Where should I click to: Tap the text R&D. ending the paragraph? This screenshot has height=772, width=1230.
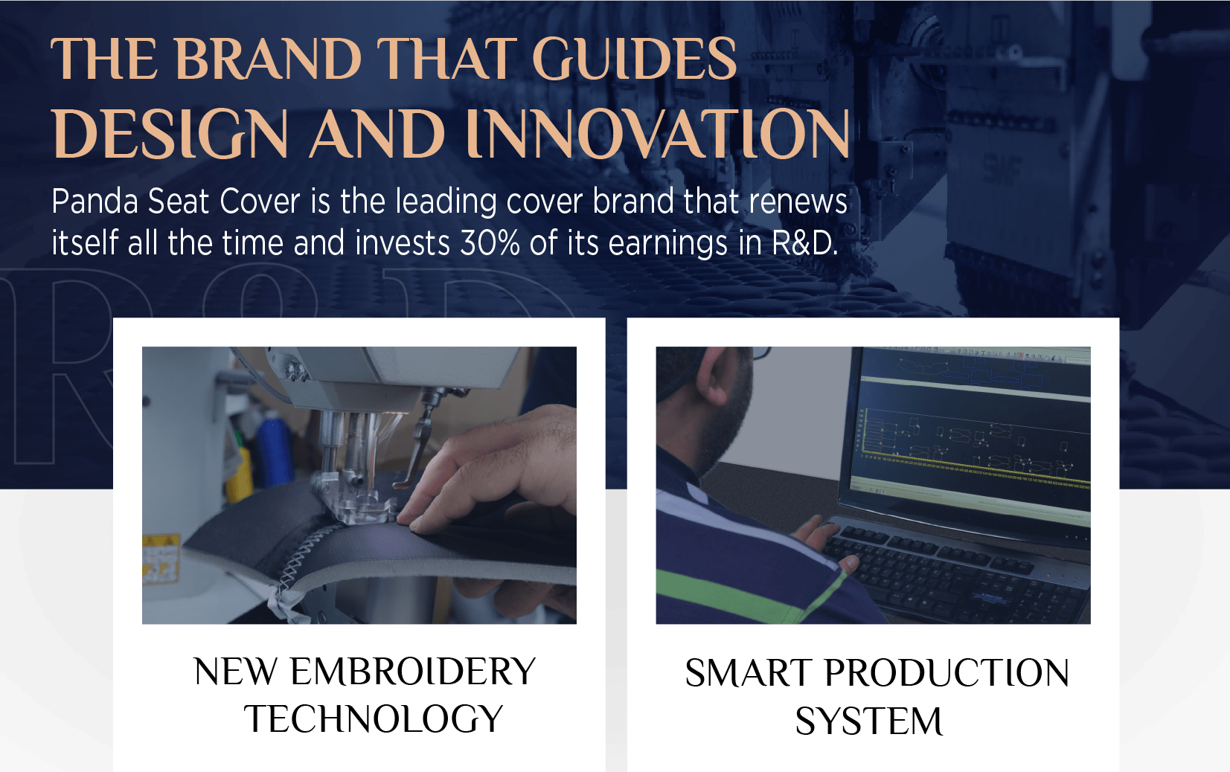tap(805, 242)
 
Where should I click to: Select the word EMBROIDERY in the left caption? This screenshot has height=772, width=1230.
tap(413, 672)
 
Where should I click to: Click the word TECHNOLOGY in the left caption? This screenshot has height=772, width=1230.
tap(374, 718)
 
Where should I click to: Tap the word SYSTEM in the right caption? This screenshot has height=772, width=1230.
tap(869, 721)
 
